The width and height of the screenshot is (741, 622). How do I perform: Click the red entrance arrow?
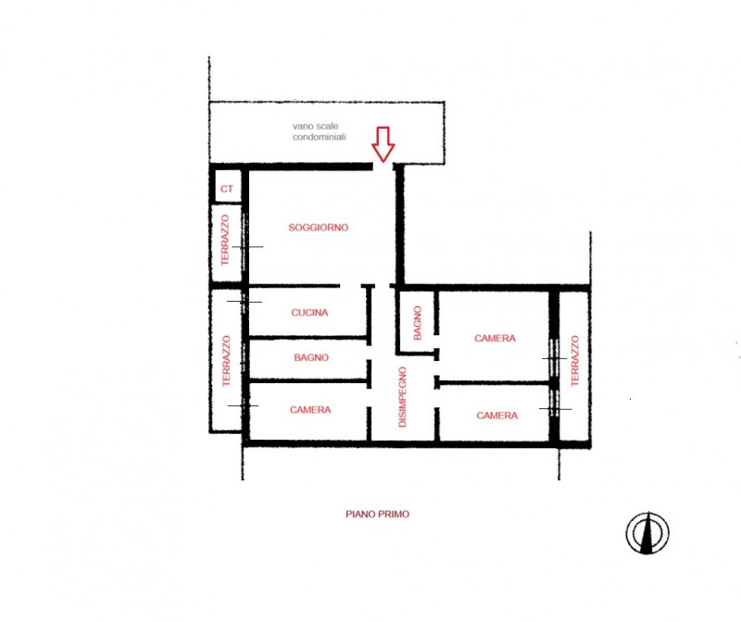pos(383,144)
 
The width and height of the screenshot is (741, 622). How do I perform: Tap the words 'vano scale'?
pos(315,126)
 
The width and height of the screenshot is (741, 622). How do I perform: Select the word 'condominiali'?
pos(319,137)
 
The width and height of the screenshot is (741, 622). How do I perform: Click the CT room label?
pos(226,189)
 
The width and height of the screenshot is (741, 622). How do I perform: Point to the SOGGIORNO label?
pos(318,228)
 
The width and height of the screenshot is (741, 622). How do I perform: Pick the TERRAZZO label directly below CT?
pos(225,240)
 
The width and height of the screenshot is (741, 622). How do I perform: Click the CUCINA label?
pos(309,313)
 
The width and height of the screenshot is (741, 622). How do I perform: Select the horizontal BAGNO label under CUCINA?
pos(311,357)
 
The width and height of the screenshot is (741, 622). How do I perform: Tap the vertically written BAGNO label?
pos(418,323)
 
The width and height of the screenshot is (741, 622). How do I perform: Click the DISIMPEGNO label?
pos(402,397)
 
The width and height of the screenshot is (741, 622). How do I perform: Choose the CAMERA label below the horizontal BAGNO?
pos(310,410)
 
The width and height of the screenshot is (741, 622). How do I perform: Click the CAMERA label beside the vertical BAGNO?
pos(495,338)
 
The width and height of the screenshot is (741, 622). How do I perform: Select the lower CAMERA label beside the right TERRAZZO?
pos(496,416)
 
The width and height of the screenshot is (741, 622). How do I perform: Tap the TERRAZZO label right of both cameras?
pos(574,361)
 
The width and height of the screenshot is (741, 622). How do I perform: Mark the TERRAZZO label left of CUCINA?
pos(226,361)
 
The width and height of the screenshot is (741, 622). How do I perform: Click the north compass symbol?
pos(647,533)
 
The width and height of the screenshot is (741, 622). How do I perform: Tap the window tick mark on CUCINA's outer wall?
pos(245,302)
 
